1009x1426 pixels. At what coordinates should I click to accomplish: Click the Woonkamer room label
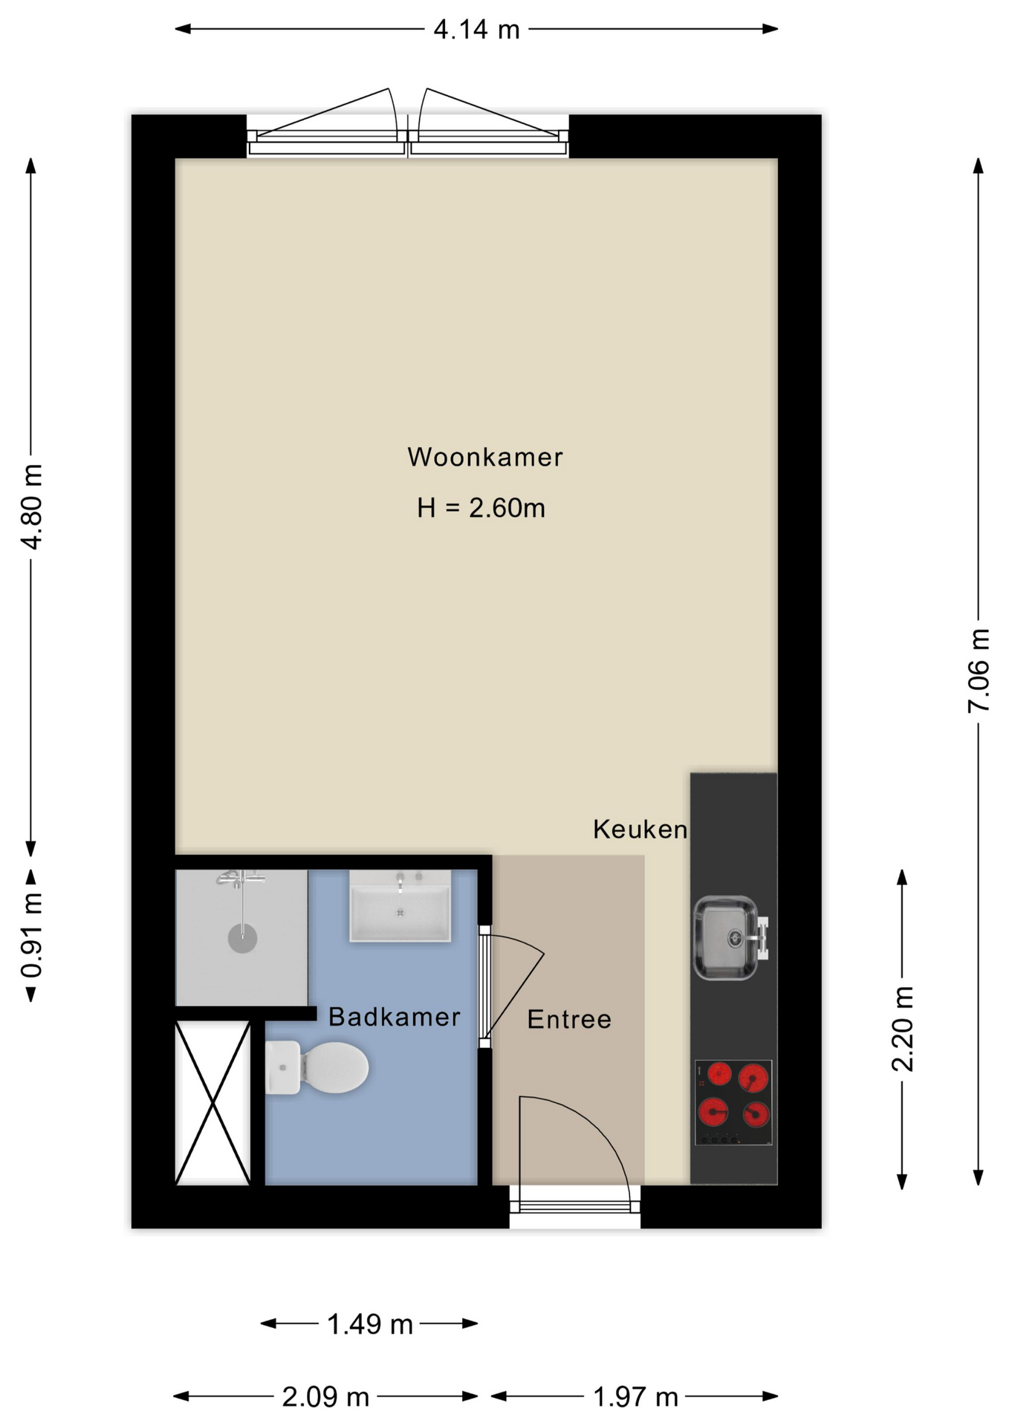pyautogui.click(x=485, y=457)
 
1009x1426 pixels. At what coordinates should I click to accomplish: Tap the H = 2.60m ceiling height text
pyautogui.click(x=481, y=508)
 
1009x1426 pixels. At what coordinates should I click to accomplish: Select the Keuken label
pyautogui.click(x=640, y=829)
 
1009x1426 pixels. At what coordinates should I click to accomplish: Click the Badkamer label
pyautogui.click(x=395, y=1017)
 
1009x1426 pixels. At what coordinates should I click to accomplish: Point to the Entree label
pyautogui.click(x=569, y=1020)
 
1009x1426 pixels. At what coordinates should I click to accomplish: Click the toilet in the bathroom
pyautogui.click(x=317, y=1068)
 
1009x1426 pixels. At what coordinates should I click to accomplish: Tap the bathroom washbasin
pyautogui.click(x=400, y=907)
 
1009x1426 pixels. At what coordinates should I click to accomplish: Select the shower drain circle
pyautogui.click(x=242, y=938)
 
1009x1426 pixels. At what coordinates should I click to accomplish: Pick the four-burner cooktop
pyautogui.click(x=733, y=1102)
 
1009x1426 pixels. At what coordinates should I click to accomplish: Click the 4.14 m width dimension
pyautogui.click(x=476, y=30)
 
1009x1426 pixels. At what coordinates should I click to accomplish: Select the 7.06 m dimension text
pyautogui.click(x=979, y=671)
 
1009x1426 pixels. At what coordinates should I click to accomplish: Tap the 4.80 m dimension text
pyautogui.click(x=31, y=507)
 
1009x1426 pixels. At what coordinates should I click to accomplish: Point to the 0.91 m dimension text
pyautogui.click(x=31, y=936)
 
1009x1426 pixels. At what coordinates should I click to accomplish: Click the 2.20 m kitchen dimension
pyautogui.click(x=902, y=1029)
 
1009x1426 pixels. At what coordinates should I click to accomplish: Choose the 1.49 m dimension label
pyautogui.click(x=370, y=1324)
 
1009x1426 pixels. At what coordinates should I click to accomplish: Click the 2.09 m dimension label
pyautogui.click(x=325, y=1397)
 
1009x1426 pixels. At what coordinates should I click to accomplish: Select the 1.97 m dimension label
pyautogui.click(x=635, y=1397)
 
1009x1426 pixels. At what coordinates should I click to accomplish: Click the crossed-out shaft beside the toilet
pyautogui.click(x=212, y=1103)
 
